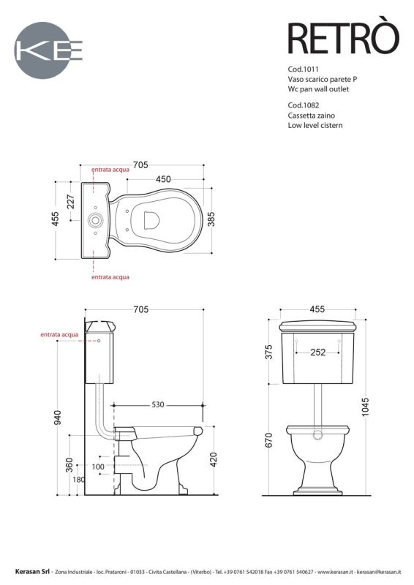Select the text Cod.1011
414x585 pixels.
coord(304,68)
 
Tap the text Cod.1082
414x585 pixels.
coord(304,105)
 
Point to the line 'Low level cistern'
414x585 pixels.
coord(315,125)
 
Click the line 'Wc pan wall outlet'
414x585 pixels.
coord(319,88)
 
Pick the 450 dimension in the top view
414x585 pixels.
coord(162,179)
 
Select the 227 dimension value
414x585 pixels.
coord(71,203)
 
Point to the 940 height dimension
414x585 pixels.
coord(58,416)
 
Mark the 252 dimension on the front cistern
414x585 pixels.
coord(317,352)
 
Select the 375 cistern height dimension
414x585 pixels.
coord(268,352)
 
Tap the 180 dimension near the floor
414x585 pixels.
coord(78,480)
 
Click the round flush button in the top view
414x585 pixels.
coord(94,219)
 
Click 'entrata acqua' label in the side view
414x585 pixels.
coord(59,334)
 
